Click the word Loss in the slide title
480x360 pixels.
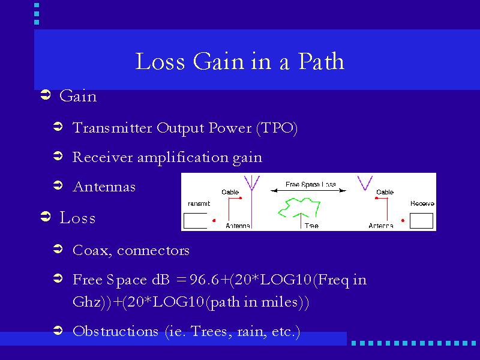pyautogui.click(x=160, y=61)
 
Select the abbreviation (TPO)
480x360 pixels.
pyautogui.click(x=277, y=128)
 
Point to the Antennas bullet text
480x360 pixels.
pyautogui.click(x=104, y=187)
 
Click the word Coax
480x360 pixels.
pyautogui.click(x=91, y=250)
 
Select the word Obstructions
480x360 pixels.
pyautogui.click(x=115, y=331)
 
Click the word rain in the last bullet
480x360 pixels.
pyautogui.click(x=251, y=332)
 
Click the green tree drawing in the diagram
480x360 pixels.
pyautogui.click(x=299, y=208)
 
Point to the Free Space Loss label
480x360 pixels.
pyautogui.click(x=311, y=184)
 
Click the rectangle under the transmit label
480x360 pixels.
pyautogui.click(x=196, y=221)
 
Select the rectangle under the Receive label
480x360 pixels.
pyautogui.click(x=421, y=221)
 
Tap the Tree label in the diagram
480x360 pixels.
pyautogui.click(x=311, y=226)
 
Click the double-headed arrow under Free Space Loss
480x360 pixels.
pyautogui.click(x=308, y=190)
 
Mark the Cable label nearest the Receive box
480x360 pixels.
pyautogui.click(x=385, y=192)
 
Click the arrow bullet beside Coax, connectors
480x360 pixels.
pyautogui.click(x=58, y=249)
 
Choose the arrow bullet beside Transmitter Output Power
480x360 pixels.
pyautogui.click(x=58, y=127)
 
